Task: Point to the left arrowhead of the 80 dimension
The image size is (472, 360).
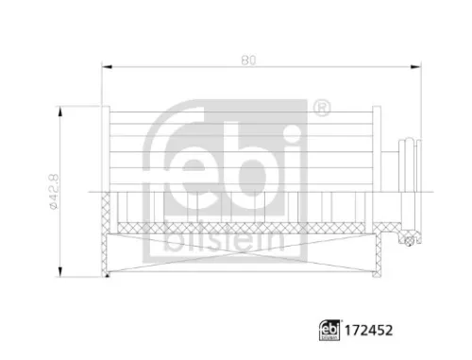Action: pyautogui.click(x=107, y=67)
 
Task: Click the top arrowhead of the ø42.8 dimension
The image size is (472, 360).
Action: pyautogui.click(x=61, y=111)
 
